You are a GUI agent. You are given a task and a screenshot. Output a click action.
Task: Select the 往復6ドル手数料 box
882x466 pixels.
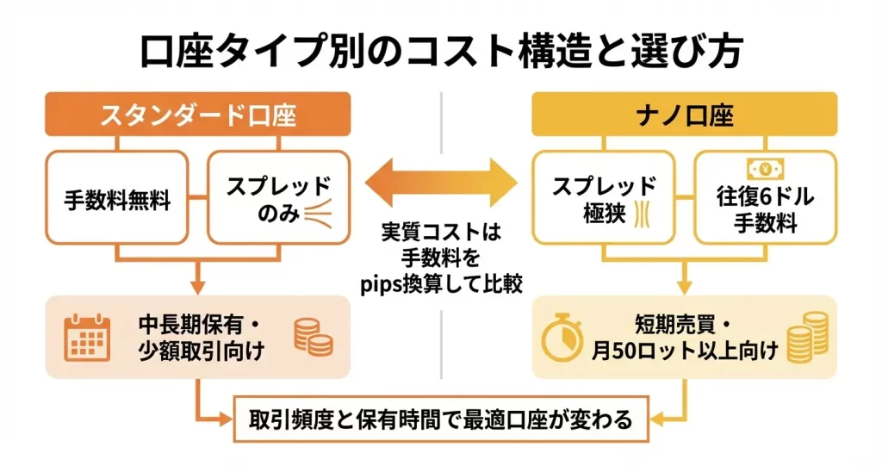tap(764, 200)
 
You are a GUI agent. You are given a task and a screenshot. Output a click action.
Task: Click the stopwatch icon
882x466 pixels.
tap(564, 339)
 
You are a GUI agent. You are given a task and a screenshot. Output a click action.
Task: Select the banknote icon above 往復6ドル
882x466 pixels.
tap(764, 167)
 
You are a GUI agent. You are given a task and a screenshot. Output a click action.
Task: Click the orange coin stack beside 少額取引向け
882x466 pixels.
tap(313, 337)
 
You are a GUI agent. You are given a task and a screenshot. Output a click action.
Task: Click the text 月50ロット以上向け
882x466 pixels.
tap(683, 351)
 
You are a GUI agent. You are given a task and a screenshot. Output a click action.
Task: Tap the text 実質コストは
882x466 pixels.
tap(440, 233)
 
